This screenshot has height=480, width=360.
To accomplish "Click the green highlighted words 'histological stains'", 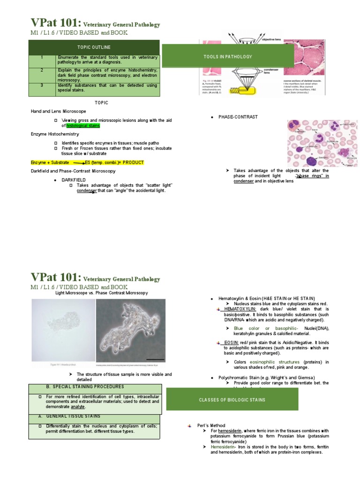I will [x=83, y=126].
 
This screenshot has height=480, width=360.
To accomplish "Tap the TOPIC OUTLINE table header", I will [x=94, y=47].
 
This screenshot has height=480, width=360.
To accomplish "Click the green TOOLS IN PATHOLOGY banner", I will [x=228, y=57].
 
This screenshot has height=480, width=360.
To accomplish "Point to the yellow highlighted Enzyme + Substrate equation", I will [x=87, y=162].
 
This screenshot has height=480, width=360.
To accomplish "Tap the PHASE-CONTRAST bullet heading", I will [x=238, y=117].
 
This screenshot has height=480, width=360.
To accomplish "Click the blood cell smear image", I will [x=322, y=143].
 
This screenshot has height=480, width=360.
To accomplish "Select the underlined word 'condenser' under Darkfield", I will [x=87, y=190].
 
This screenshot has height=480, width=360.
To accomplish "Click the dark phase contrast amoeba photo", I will [x=131, y=331].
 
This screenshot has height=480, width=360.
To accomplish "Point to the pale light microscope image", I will [x=63, y=331].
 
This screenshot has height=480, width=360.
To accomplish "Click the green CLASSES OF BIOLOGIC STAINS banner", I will [x=232, y=400].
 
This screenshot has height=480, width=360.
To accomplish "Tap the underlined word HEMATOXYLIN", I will [x=240, y=309].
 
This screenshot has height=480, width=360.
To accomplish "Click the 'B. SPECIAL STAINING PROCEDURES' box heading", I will [x=85, y=387].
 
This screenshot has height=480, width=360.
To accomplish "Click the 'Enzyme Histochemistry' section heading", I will [x=55, y=134].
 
